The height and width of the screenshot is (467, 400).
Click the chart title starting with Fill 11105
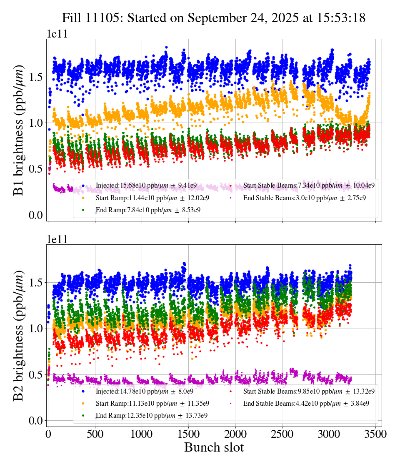click(x=214, y=18)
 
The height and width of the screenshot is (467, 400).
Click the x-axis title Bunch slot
click(x=214, y=447)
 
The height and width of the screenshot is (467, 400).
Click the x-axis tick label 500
click(x=95, y=434)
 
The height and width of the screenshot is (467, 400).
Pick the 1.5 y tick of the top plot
click(x=36, y=77)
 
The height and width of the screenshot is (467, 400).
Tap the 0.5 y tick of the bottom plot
click(x=36, y=374)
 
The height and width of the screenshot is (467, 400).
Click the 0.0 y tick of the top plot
click(x=36, y=215)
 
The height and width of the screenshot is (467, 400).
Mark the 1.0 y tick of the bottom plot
click(x=36, y=329)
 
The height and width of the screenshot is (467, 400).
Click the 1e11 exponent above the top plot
click(x=57, y=34)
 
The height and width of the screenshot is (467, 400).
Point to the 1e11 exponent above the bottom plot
click(x=57, y=239)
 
